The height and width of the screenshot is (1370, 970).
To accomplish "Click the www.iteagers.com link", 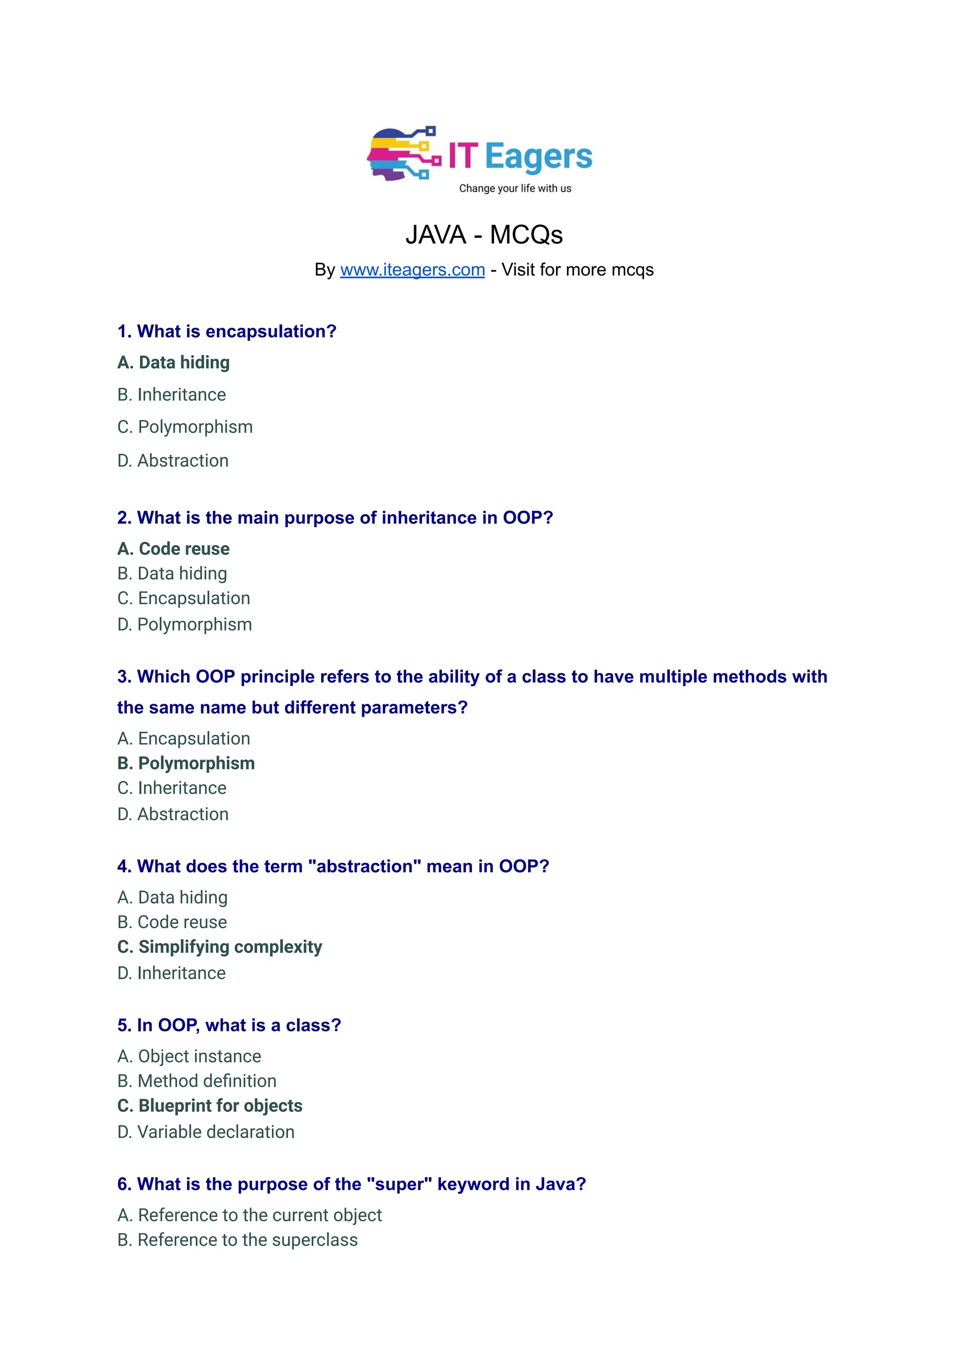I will [x=412, y=270].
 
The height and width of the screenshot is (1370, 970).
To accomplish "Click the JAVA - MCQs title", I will [x=484, y=235].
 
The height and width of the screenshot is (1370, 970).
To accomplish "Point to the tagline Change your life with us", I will [x=515, y=189].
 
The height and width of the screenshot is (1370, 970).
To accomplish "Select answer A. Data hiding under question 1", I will [x=173, y=362].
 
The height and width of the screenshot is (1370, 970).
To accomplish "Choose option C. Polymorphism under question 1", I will [x=185, y=427].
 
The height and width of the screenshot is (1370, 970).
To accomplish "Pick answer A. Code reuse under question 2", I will [x=173, y=549].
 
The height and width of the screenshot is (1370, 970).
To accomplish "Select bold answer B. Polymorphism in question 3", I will [x=186, y=763].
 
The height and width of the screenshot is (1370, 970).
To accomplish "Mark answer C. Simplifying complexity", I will [x=219, y=947].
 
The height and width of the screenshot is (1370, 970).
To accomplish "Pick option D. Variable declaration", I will [x=206, y=1132].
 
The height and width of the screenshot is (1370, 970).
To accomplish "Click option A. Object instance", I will [x=189, y=1056].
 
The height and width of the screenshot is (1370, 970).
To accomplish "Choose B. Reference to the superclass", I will [x=237, y=1240].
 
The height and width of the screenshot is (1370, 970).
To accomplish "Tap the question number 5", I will [x=124, y=1025].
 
